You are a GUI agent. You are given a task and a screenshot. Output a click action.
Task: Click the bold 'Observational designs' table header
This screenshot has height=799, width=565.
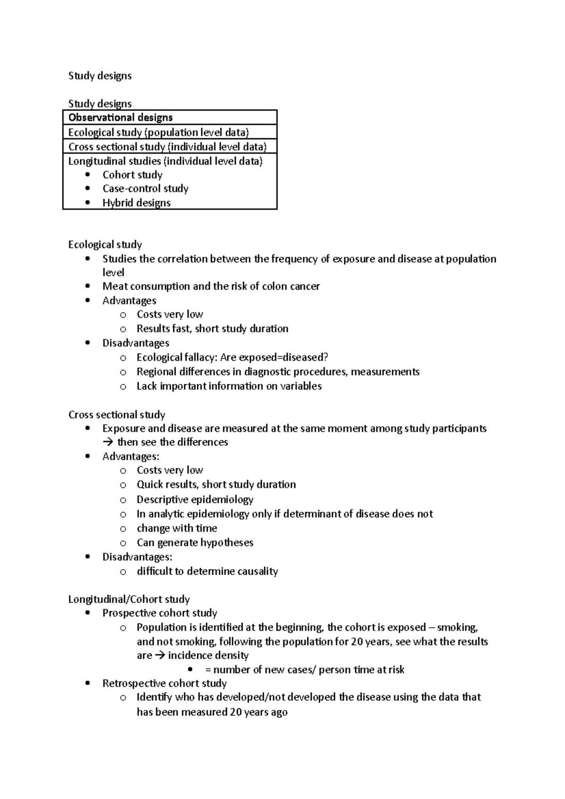121,118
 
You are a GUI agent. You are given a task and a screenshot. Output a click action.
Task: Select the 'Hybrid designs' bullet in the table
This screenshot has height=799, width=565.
137,203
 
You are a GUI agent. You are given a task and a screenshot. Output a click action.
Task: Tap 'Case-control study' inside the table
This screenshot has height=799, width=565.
145,189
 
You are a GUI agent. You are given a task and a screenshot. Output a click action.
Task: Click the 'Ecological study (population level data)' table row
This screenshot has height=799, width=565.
159,132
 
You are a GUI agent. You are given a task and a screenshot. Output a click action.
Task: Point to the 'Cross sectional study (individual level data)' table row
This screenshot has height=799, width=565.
168,147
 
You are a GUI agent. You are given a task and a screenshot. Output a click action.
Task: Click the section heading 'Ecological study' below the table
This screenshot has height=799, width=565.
105,245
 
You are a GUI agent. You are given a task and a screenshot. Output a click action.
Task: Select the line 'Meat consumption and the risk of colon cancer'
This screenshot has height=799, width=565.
211,287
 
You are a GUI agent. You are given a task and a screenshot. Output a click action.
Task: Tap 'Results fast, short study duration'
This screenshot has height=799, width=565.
212,329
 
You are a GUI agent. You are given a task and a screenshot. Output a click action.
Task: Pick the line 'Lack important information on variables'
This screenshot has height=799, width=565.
229,386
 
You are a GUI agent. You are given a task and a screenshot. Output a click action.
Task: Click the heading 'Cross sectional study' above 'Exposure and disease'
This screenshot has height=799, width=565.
117,415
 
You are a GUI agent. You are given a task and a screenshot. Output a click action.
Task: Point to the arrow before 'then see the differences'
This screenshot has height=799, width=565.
108,442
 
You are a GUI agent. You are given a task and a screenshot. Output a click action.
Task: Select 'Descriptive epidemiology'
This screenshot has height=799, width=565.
195,499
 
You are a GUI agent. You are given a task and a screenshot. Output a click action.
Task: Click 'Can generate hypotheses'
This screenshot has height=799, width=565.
195,543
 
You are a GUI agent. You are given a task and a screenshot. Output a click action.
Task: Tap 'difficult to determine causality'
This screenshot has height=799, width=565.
207,571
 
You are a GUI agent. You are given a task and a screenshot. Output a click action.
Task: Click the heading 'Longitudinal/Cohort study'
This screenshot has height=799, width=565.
129,599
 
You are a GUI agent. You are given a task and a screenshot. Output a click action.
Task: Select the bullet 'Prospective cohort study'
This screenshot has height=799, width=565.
160,613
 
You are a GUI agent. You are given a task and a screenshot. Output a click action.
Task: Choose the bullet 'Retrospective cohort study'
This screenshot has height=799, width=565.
164,683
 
